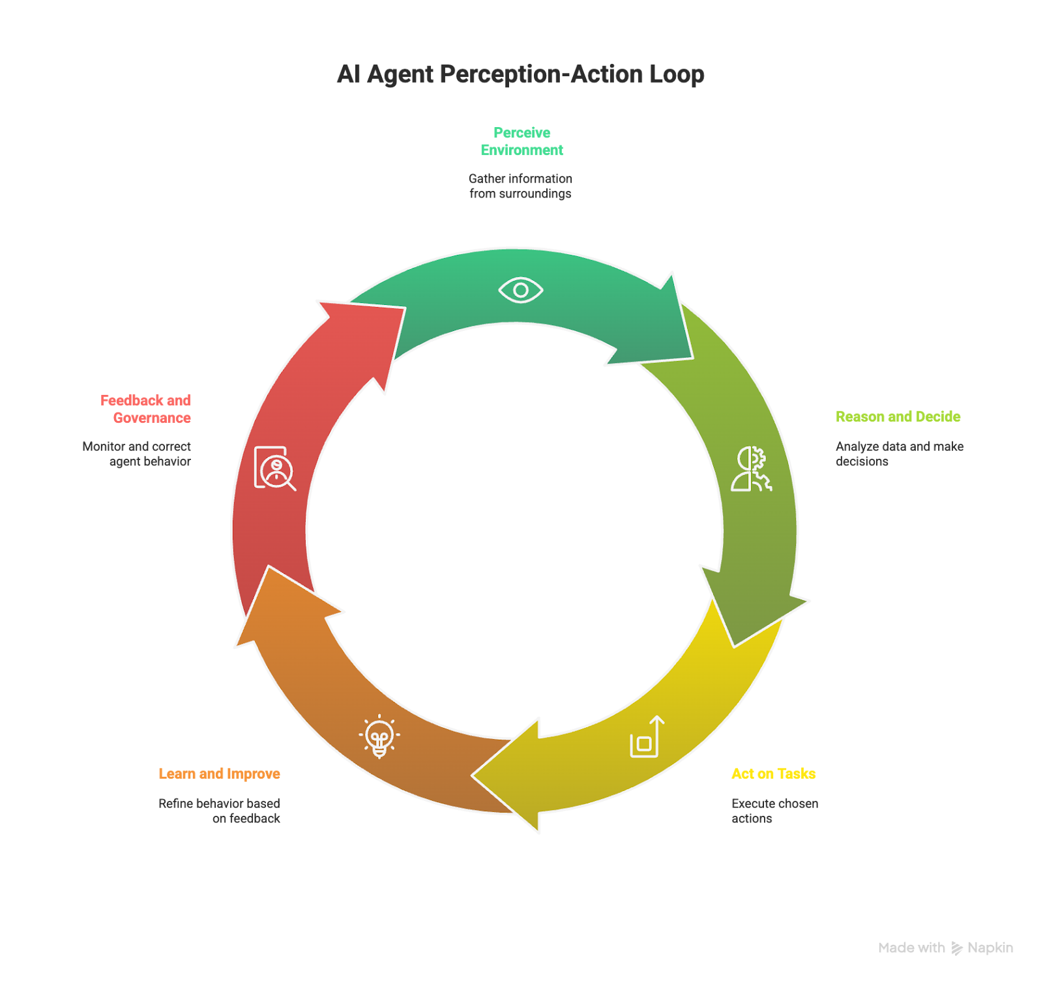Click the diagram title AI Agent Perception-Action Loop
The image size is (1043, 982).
[520, 74]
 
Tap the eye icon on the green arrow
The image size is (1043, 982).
[520, 290]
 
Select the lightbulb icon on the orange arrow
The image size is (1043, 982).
[379, 737]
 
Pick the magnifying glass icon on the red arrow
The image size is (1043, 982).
[275, 468]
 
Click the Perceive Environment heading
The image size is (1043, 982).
[521, 141]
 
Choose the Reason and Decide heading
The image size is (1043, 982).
[898, 416]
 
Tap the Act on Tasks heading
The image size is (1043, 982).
[773, 773]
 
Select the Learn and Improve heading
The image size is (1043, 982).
[219, 773]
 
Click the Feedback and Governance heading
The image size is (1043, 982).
[146, 409]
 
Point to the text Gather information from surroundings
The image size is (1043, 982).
[520, 186]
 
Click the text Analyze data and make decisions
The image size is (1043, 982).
[899, 454]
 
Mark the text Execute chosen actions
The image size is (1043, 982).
[774, 811]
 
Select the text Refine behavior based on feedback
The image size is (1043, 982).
[220, 811]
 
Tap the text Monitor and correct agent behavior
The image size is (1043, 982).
[137, 454]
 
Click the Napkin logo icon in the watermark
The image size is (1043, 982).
[956, 948]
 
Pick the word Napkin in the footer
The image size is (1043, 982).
[990, 948]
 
